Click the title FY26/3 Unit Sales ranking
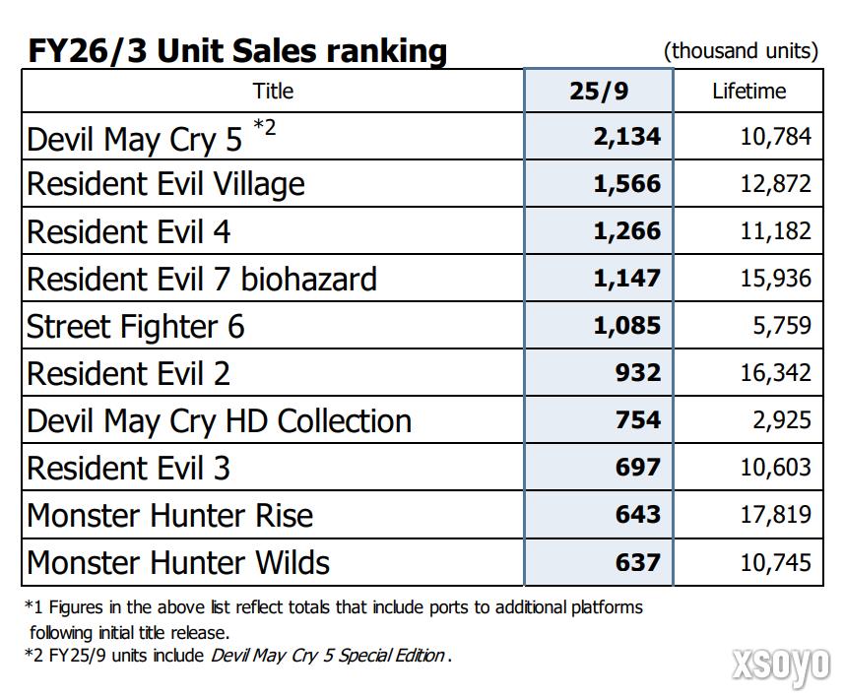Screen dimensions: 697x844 click(236, 50)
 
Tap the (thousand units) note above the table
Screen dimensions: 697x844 click(741, 51)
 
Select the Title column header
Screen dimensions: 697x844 click(273, 92)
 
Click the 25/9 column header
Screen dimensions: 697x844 click(599, 92)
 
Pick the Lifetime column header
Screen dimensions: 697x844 click(748, 92)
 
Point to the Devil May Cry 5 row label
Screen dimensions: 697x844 click(134, 139)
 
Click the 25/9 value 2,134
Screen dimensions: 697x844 click(626, 137)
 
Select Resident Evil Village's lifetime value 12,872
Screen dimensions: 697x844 click(775, 184)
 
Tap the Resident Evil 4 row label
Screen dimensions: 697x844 click(129, 232)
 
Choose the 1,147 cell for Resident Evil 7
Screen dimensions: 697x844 click(626, 279)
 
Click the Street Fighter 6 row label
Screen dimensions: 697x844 click(136, 326)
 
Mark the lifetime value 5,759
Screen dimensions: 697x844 click(782, 326)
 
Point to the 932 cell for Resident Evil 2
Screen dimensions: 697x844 click(637, 373)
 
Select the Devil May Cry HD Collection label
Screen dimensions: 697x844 click(219, 420)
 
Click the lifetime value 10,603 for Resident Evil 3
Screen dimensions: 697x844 click(775, 468)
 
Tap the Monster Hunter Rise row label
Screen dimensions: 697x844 click(169, 515)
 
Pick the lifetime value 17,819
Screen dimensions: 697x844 click(775, 515)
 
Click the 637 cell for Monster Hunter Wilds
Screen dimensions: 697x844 click(637, 562)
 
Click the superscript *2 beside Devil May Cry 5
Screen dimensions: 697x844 click(265, 126)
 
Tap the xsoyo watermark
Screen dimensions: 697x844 click(781, 666)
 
